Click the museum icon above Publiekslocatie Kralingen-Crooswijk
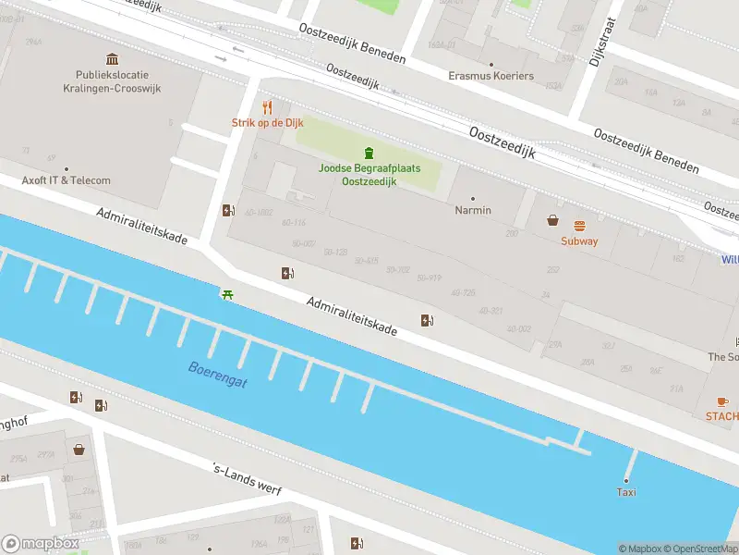113,59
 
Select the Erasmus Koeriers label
491,75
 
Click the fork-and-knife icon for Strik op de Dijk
267,106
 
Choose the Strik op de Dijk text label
267,123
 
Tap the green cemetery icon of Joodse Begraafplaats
369,153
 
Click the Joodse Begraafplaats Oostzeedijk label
369,175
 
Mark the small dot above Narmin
473,198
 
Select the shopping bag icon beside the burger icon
552,220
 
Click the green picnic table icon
226,294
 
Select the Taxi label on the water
625,493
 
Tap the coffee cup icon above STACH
722,401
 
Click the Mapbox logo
40,544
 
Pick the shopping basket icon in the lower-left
79,450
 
